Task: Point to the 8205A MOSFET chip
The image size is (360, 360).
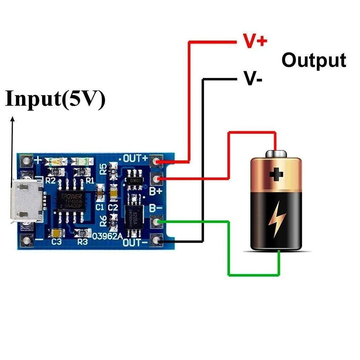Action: (x=134, y=215)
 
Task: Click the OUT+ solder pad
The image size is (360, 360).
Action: (x=156, y=162)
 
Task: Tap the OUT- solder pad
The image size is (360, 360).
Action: (x=156, y=241)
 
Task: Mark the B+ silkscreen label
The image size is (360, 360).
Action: (x=155, y=192)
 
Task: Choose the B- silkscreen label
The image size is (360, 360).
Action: (x=155, y=207)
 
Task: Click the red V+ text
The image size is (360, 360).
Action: (x=254, y=41)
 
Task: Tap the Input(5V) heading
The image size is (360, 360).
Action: (x=55, y=99)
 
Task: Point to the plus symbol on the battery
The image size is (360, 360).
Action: (x=276, y=174)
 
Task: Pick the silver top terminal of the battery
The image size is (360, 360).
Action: (x=276, y=153)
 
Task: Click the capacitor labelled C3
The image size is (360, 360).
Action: (x=57, y=233)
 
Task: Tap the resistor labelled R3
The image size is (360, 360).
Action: (x=82, y=233)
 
